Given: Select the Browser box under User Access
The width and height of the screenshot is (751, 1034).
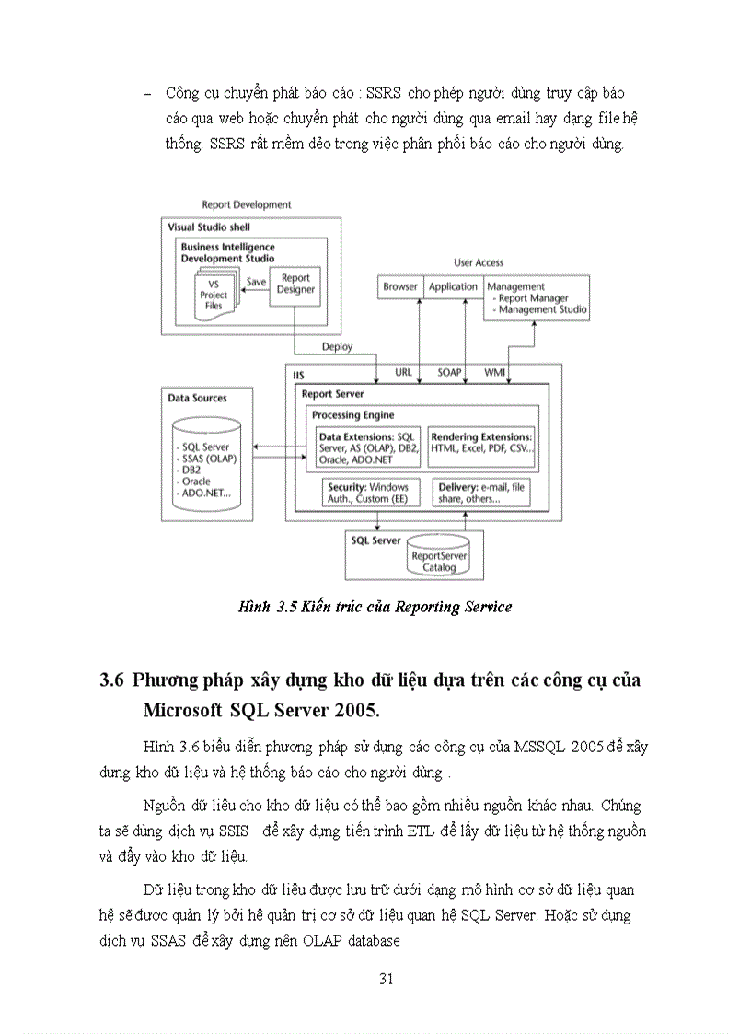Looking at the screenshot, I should click(400, 287).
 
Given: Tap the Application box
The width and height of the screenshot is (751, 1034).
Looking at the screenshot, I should click(453, 287).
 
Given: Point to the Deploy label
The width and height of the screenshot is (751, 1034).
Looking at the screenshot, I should click(337, 347).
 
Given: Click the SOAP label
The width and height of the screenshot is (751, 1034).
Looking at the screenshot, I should click(450, 373).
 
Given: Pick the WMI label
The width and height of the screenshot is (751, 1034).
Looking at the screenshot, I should click(494, 373).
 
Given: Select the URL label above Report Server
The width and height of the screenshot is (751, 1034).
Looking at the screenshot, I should click(403, 373).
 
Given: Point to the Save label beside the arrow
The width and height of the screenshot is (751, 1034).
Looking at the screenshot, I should click(256, 283).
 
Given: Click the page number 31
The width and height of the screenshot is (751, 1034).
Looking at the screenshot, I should click(387, 979).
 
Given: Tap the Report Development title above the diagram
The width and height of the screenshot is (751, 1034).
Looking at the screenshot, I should click(246, 204).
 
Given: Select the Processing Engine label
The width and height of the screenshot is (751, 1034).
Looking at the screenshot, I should click(352, 415).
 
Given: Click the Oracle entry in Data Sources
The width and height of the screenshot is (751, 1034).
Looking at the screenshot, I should click(196, 481).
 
